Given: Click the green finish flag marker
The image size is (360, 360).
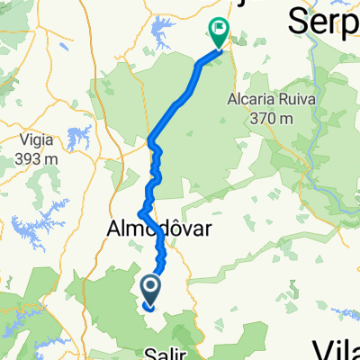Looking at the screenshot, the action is tap(218, 34).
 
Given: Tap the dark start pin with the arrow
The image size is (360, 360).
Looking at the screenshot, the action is tap(149, 290).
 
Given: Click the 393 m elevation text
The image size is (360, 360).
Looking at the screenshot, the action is tap(42, 157).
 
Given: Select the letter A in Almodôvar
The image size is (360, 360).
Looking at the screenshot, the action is tap(117, 229).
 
